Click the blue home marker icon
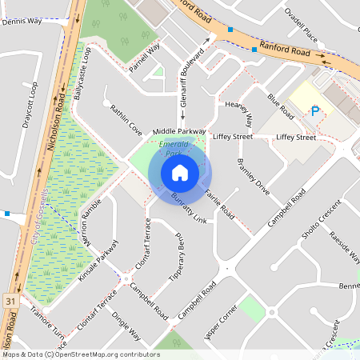coord(180,173)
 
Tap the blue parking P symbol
coord(314,112)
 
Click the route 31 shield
coord(10,300)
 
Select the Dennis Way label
coord(22,22)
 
